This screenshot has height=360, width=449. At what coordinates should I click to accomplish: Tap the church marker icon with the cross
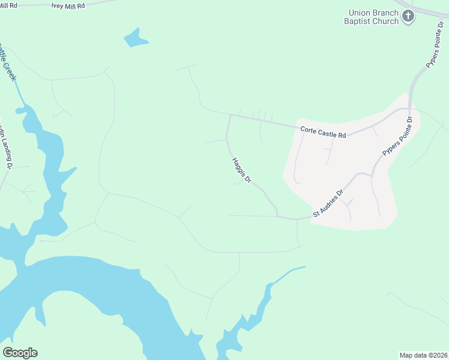coord(409,16)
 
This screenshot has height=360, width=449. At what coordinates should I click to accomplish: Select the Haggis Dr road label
coord(241,170)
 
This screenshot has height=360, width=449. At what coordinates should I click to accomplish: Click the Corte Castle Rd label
coord(323,132)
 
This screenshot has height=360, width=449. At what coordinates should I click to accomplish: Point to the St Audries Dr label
coord(328,205)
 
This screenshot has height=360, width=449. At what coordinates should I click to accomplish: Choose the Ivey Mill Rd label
coord(68,5)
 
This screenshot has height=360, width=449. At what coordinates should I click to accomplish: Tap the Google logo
coord(20,353)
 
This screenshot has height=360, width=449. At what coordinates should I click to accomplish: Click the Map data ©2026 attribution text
coord(424,355)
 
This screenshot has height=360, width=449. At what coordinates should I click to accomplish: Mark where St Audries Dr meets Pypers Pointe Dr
coord(373,175)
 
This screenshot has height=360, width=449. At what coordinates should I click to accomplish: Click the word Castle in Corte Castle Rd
coord(327,133)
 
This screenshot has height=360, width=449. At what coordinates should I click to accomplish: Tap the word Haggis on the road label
coord(238,166)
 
